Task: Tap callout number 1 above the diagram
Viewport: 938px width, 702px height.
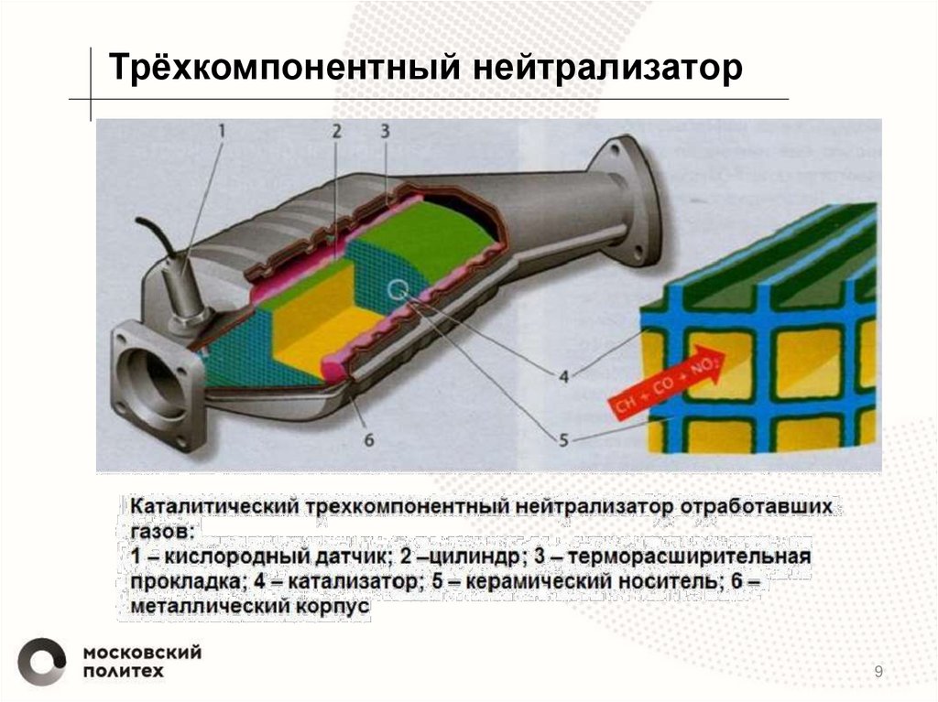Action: (221, 132)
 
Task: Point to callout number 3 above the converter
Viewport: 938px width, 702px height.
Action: (386, 132)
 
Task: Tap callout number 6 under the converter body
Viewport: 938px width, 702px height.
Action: (369, 439)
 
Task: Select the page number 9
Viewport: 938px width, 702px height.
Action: (879, 674)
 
